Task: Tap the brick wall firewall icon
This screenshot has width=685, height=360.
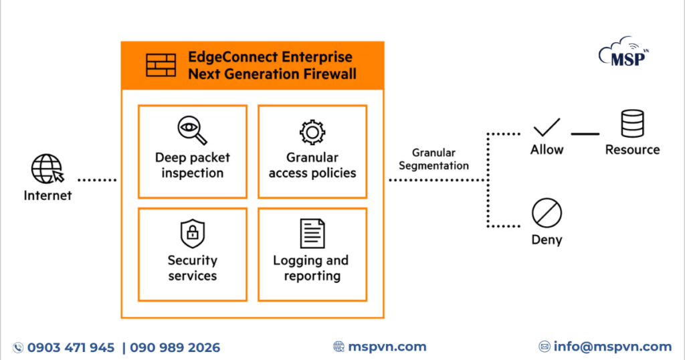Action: pos(161,65)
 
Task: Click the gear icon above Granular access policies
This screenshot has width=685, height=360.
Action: pos(312,132)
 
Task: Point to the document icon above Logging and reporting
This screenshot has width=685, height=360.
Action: pos(312,234)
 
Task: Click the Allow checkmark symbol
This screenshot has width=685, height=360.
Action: pos(547,126)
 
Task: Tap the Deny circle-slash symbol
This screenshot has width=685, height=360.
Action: pos(547,214)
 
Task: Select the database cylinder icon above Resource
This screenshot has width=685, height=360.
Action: pos(632,124)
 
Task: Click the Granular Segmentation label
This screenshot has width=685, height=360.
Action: pos(433,159)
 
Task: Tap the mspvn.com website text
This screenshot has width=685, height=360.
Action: pos(387,347)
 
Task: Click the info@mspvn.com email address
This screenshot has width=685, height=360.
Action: pos(612,347)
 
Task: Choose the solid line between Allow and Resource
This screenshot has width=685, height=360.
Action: pos(585,134)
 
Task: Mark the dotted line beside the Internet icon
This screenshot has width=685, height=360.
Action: pos(98,179)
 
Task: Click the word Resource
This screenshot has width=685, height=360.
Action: pos(632,150)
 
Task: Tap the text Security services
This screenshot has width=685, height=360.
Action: pos(192,268)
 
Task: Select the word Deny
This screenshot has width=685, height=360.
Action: pos(547,240)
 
